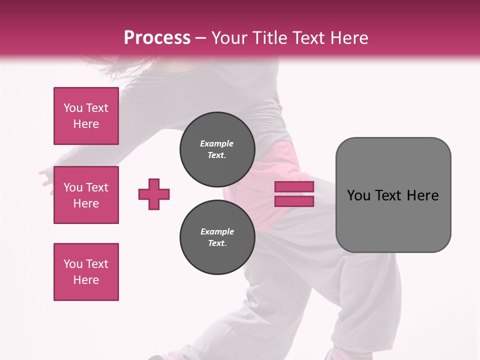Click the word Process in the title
157,37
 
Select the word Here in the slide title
348,37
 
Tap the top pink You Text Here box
86,116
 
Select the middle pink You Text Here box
86,195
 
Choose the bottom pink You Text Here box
86,271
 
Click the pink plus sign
154,194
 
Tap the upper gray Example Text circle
217,149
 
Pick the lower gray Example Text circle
217,237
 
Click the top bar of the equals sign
294,187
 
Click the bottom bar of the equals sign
294,201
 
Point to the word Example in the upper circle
216,143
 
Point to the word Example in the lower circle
217,231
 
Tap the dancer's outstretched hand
46,177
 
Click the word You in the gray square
358,195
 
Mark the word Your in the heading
230,37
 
